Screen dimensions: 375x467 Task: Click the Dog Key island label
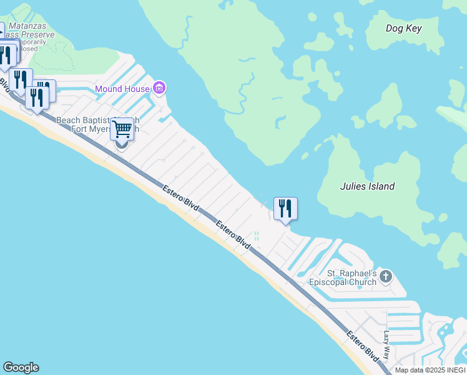click(x=403, y=28)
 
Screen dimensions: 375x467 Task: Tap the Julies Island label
click(x=367, y=186)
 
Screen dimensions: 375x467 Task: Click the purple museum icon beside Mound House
click(x=159, y=88)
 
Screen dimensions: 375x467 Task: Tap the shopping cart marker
click(x=122, y=130)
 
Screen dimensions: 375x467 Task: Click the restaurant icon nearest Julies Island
click(x=285, y=208)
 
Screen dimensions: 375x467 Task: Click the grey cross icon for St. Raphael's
click(x=386, y=276)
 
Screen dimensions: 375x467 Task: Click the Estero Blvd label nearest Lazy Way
click(x=363, y=345)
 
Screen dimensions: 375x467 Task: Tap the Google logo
click(x=21, y=367)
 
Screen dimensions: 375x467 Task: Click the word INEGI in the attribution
click(x=454, y=370)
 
